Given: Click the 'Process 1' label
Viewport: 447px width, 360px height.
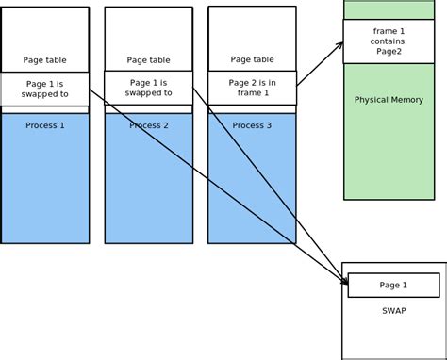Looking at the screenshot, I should [x=45, y=125].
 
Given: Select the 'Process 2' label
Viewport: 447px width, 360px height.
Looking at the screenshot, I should [x=148, y=125].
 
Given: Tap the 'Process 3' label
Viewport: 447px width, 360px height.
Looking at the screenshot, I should [x=252, y=125].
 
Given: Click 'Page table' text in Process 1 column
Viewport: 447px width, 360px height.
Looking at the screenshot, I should [x=45, y=59].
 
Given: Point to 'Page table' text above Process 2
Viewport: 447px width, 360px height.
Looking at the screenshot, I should [x=148, y=59].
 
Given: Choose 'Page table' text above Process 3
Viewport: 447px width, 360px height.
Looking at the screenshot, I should [x=252, y=59].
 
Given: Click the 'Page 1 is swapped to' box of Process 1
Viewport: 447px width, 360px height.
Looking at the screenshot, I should [x=45, y=89].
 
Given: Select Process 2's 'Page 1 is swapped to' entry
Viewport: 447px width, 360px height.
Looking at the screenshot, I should [x=148, y=88].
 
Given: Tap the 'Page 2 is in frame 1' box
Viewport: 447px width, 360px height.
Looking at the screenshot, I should [x=252, y=88].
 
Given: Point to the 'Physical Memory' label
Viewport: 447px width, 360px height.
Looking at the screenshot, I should [x=389, y=100].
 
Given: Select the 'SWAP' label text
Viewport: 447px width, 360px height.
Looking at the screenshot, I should [x=394, y=310].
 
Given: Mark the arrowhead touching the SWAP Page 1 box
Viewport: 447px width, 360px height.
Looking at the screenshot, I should [x=343, y=279].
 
